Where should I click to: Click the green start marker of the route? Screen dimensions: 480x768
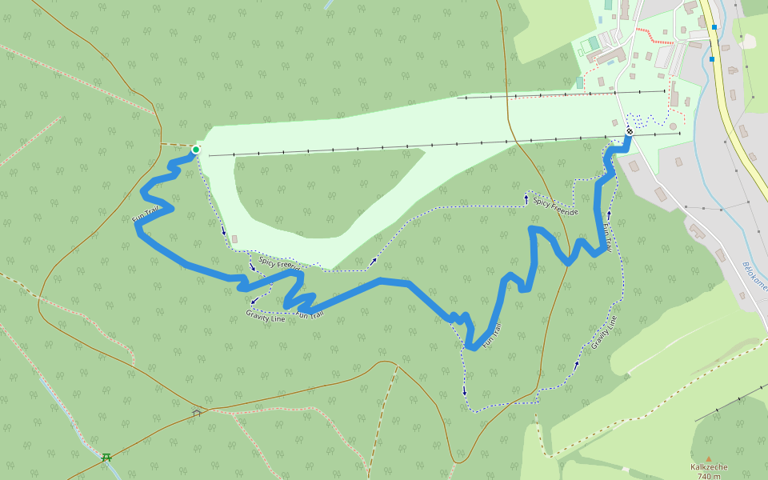pyautogui.click(x=195, y=150)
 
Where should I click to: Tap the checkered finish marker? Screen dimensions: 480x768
pyautogui.click(x=630, y=131)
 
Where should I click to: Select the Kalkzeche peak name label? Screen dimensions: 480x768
pyautogui.click(x=709, y=467)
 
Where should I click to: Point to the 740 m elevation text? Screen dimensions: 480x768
pyautogui.click(x=709, y=477)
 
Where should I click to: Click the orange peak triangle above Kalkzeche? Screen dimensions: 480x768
pyautogui.click(x=708, y=458)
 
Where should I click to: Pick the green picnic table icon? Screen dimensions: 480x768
pyautogui.click(x=106, y=458)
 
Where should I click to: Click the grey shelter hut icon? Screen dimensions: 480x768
pyautogui.click(x=197, y=413)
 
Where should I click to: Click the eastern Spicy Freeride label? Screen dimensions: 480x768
pyautogui.click(x=555, y=207)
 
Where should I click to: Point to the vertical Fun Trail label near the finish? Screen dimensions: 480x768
pyautogui.click(x=607, y=238)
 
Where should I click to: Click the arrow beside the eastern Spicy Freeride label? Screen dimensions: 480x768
pyautogui.click(x=526, y=196)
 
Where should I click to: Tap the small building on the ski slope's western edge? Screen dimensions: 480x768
pyautogui.click(x=234, y=239)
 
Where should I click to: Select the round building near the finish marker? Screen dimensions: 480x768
pyautogui.click(x=673, y=126)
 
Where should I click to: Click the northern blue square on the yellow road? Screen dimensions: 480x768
pyautogui.click(x=714, y=27)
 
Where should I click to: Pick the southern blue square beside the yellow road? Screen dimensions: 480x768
pyautogui.click(x=711, y=58)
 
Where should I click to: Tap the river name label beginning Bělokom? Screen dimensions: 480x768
pyautogui.click(x=754, y=277)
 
